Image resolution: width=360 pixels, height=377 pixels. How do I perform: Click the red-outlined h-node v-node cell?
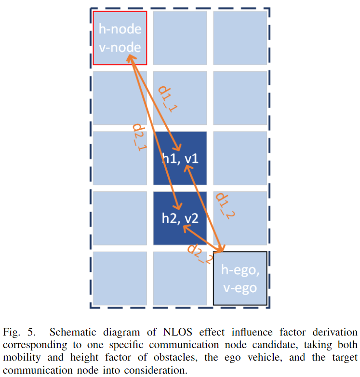pyautogui.click(x=120, y=38)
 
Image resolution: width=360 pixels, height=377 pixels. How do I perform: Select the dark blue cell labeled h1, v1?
pyautogui.click(x=180, y=158)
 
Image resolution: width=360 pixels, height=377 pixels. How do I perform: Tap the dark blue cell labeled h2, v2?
pyautogui.click(x=180, y=218)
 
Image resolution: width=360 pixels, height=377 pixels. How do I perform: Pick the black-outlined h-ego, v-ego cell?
pyautogui.click(x=240, y=278)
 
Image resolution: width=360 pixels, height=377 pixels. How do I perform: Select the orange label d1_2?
pyautogui.click(x=225, y=206)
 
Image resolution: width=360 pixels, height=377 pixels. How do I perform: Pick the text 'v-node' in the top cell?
pyautogui.click(x=120, y=47)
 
